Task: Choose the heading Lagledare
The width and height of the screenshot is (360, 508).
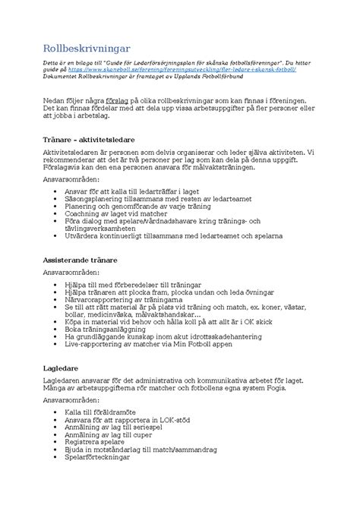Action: [x=63, y=368]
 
